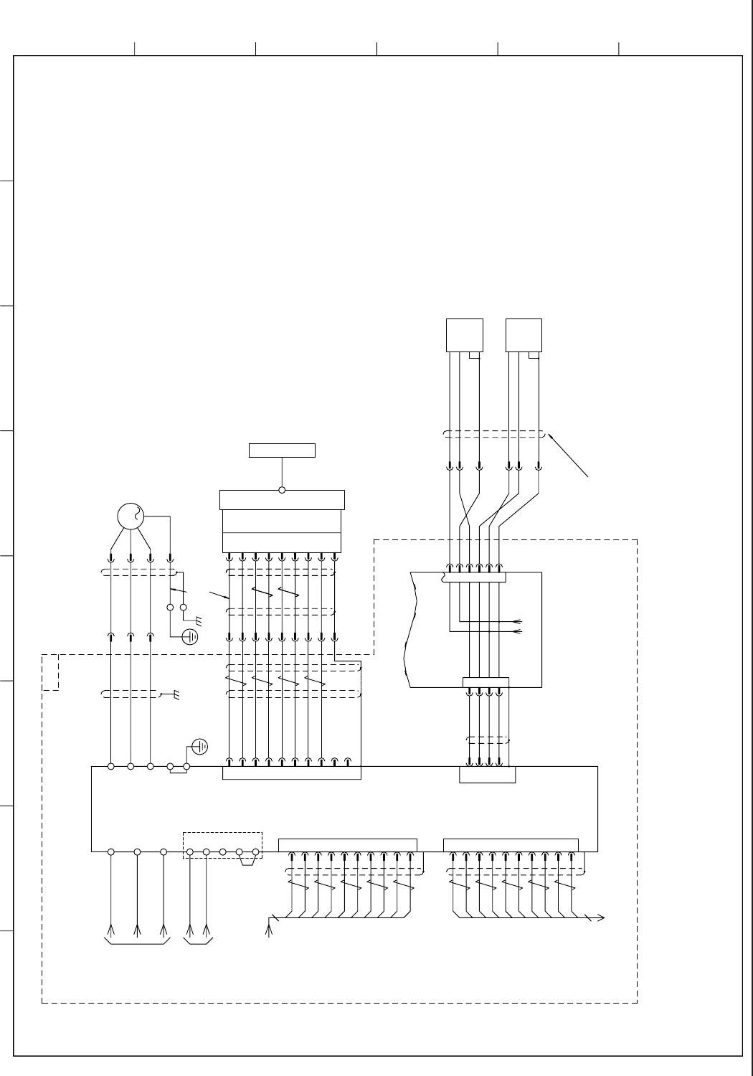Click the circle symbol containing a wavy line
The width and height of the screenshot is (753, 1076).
click(131, 516)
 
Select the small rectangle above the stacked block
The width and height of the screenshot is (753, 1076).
click(282, 450)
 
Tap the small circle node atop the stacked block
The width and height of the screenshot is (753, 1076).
click(282, 491)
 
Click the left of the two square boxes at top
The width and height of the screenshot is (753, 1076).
click(464, 335)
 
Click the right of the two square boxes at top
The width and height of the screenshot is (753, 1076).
click(524, 335)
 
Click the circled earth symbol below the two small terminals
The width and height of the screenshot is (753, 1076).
click(190, 636)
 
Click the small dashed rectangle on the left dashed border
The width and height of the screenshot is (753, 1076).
click(50, 672)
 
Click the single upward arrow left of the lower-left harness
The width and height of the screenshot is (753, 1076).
click(270, 930)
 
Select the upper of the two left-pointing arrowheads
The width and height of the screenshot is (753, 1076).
click(518, 622)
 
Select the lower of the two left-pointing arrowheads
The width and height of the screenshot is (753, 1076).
click(518, 632)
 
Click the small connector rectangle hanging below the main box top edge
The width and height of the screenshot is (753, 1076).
click(487, 775)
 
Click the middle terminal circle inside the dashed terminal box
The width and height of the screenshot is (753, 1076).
click(222, 852)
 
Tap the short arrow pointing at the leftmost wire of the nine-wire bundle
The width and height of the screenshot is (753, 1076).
click(220, 595)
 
